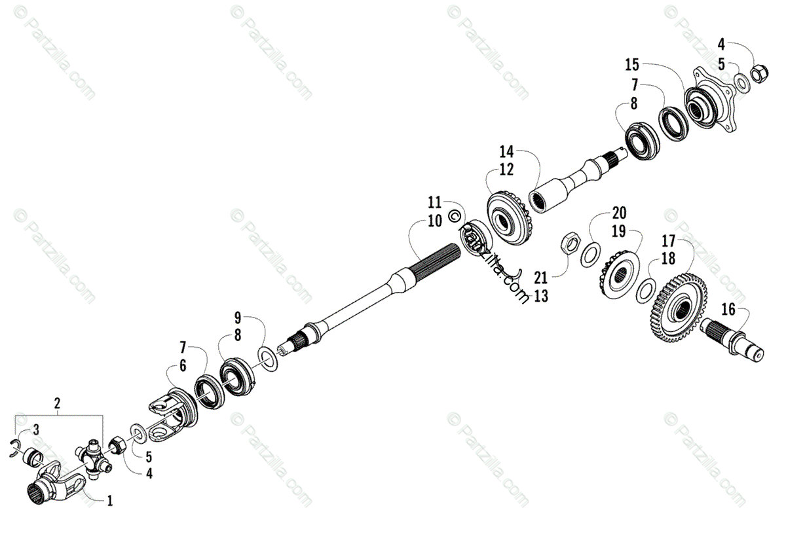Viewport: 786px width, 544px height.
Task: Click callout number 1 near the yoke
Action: [x=110, y=501]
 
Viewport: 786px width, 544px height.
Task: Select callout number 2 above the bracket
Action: [x=57, y=403]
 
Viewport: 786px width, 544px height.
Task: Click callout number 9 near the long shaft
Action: [x=238, y=319]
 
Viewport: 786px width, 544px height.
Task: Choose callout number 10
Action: [x=435, y=221]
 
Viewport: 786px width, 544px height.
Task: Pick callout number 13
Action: [x=540, y=296]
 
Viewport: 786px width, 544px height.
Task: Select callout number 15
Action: [x=631, y=65]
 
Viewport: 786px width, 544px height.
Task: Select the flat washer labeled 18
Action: [x=646, y=287]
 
